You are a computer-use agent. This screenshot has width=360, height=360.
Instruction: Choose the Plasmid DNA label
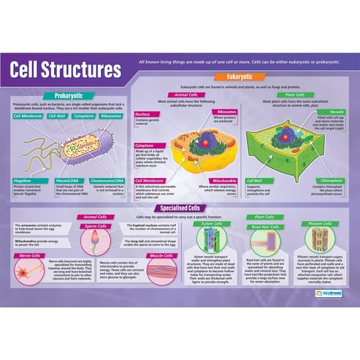tap(69, 180)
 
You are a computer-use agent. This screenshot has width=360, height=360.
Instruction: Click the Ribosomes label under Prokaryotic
tap(111, 115)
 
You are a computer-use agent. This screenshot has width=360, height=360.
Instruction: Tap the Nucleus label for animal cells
tap(144, 115)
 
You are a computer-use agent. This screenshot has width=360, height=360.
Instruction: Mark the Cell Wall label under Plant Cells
tap(255, 180)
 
